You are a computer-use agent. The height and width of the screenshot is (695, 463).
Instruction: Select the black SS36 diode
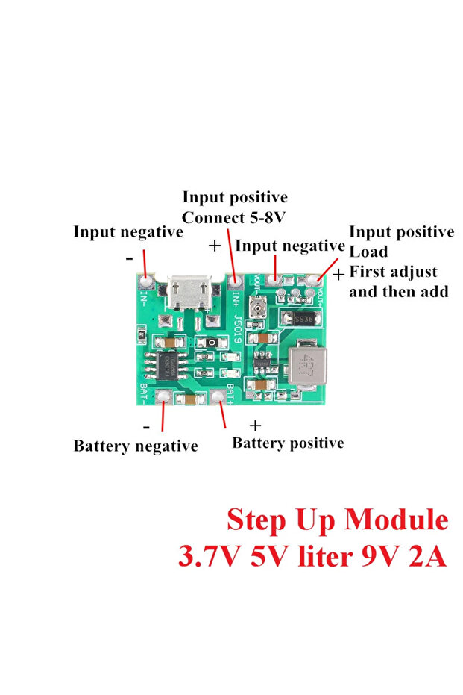[302, 319]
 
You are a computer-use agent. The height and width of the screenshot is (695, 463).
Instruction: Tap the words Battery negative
[135, 446]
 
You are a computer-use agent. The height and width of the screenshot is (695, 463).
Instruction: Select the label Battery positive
[288, 443]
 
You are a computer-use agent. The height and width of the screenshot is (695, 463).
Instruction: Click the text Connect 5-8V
[234, 219]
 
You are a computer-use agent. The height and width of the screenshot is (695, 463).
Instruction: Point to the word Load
[368, 252]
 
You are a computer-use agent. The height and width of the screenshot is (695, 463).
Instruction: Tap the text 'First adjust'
[393, 272]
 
